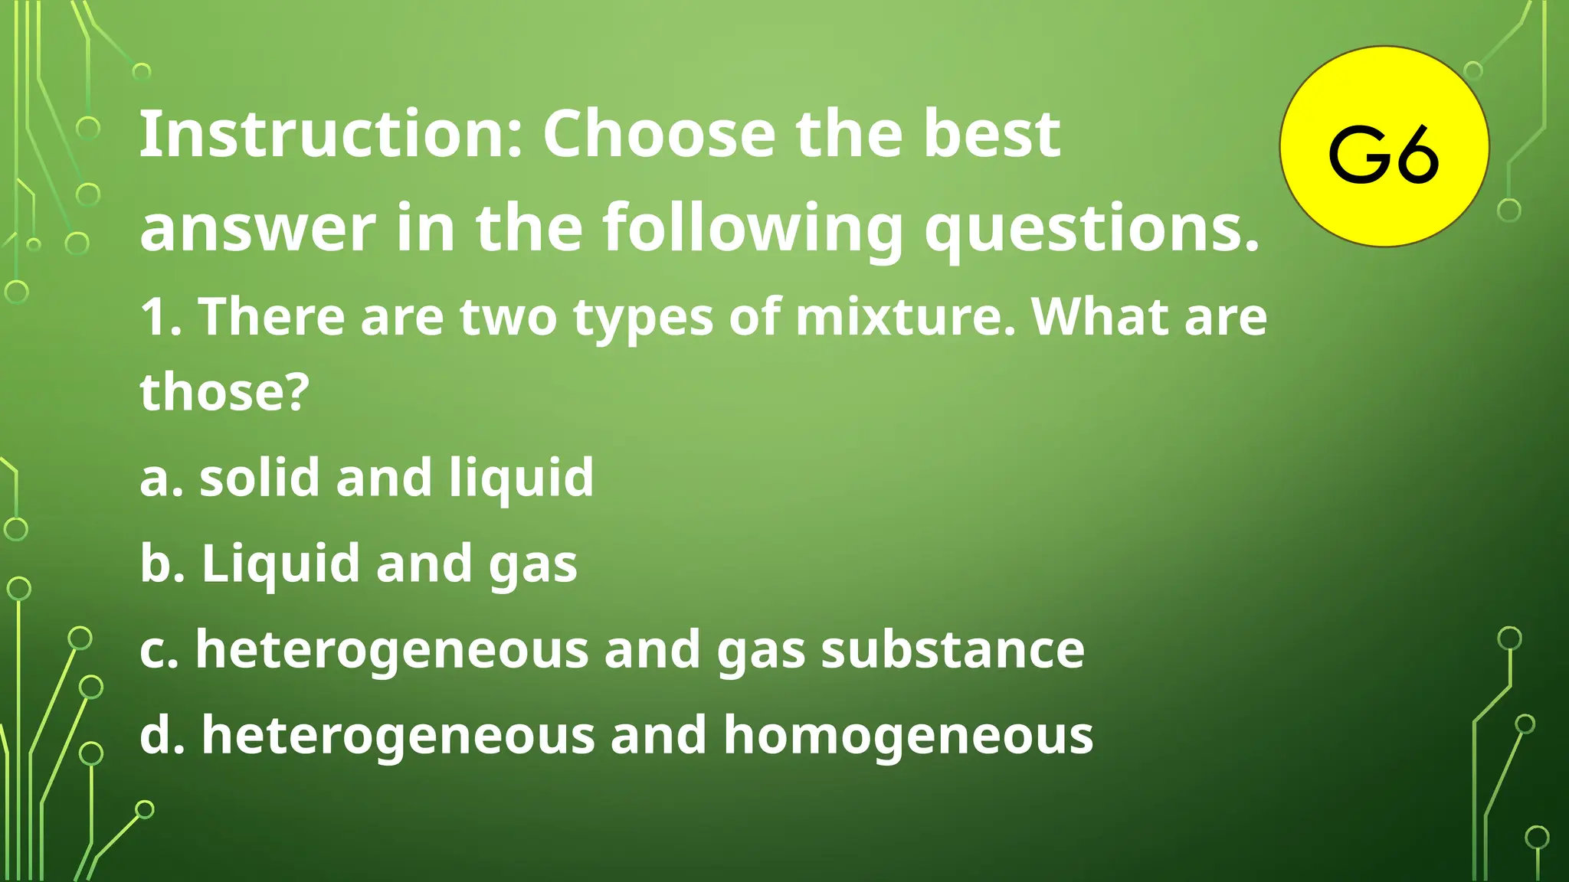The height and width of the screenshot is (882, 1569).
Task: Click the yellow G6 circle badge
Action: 1384,146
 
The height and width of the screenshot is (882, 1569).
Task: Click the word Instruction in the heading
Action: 329,134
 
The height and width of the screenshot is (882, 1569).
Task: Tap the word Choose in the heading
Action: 659,134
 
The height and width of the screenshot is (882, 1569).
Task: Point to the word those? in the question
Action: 224,391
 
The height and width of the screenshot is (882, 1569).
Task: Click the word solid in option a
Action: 259,477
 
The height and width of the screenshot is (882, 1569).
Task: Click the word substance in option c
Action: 952,649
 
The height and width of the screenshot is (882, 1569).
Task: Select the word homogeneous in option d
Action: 908,735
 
